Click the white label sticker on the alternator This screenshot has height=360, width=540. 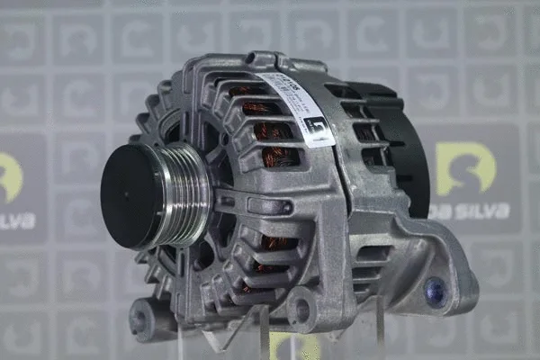coord(293,107)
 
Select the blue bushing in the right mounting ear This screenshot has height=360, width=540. coord(436,290)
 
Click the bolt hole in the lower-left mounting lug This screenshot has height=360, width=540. coord(141,317)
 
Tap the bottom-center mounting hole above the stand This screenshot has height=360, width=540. coord(300,310)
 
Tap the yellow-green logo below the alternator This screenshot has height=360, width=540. coord(292,346)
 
